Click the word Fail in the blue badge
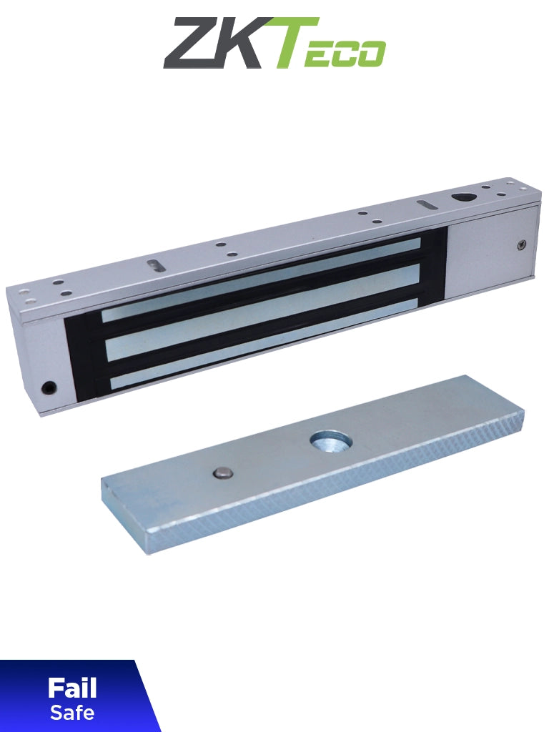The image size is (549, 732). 71,689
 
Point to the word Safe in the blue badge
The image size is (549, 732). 71,713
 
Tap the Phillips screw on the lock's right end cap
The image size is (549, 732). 520,245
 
